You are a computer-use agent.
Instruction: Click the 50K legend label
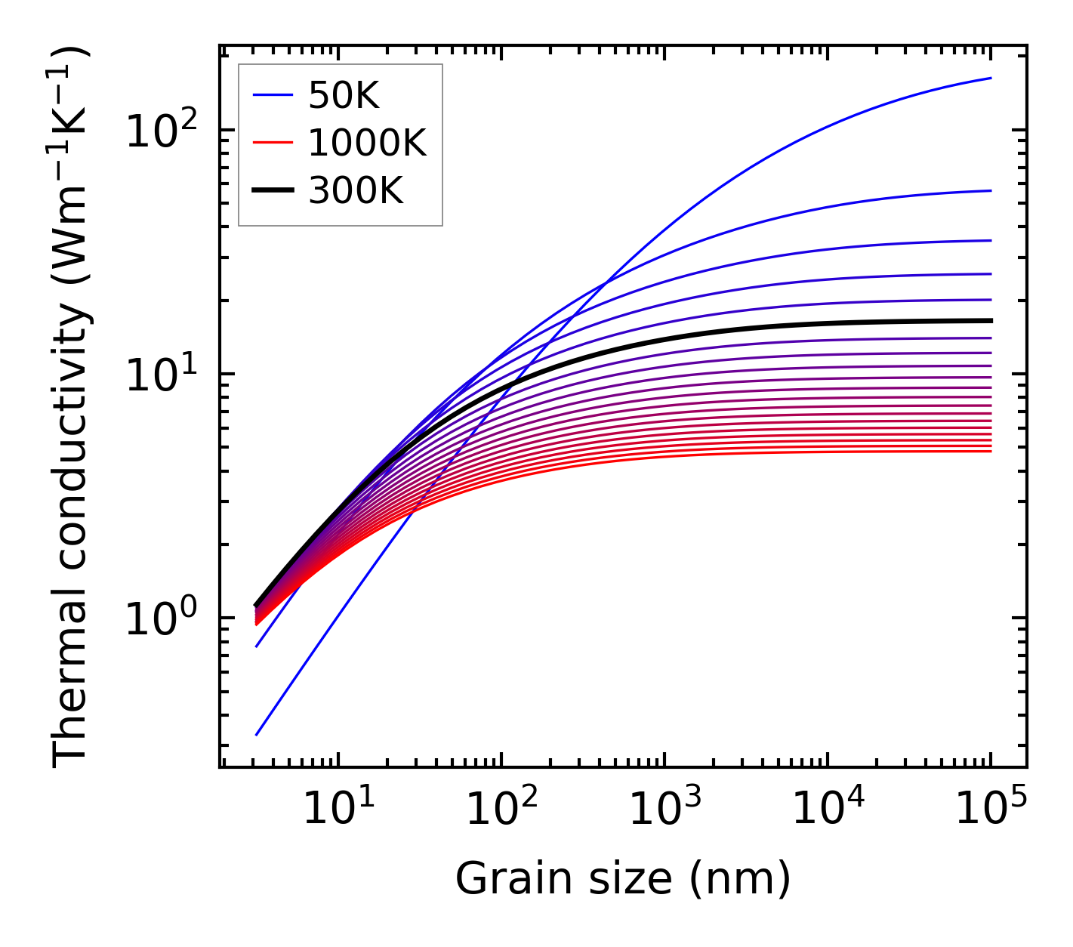[x=344, y=95]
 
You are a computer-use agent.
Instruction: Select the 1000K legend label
[x=367, y=143]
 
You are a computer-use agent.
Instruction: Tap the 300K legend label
[x=356, y=191]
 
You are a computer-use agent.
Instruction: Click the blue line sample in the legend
[x=272, y=95]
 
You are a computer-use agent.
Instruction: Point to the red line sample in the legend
[x=272, y=143]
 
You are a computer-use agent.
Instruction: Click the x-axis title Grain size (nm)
[x=623, y=879]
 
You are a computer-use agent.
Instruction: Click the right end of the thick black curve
[x=990, y=321]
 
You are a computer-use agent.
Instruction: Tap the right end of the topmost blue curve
[x=990, y=79]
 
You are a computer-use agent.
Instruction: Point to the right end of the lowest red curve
[x=990, y=451]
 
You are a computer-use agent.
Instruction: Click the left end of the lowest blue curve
[x=257, y=734]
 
